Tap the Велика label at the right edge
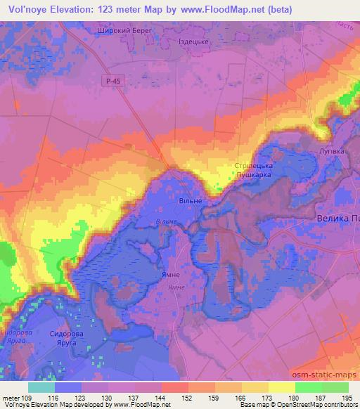337,219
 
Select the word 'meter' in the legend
12,397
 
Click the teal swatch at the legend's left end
41,387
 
